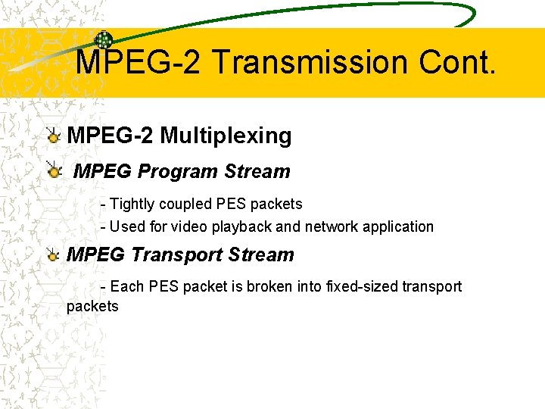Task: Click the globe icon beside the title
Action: [104, 41]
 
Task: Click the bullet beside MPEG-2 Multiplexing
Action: [53, 136]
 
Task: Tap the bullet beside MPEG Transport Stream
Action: [53, 255]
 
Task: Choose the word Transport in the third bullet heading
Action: [177, 255]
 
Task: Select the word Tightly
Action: [132, 204]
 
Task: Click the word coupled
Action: [185, 204]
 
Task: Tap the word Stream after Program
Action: [257, 172]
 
